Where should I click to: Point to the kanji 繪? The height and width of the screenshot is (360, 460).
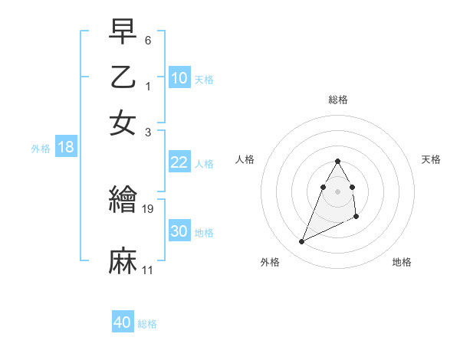click(x=123, y=200)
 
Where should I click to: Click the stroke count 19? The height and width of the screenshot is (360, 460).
click(x=149, y=208)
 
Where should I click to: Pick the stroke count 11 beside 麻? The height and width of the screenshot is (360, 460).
click(x=148, y=270)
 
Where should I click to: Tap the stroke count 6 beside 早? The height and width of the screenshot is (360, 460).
click(x=148, y=39)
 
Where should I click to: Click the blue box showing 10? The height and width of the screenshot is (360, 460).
click(x=179, y=77)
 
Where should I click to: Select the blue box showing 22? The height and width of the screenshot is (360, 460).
click(x=179, y=162)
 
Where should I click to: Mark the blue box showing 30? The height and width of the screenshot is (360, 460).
click(x=179, y=231)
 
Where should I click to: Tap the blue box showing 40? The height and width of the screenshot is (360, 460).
click(x=122, y=322)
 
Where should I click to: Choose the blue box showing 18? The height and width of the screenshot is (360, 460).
click(x=65, y=147)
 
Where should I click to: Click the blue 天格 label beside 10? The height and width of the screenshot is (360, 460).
click(x=203, y=79)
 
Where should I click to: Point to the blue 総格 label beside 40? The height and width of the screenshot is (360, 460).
click(x=147, y=324)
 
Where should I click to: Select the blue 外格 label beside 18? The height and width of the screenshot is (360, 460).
click(x=41, y=149)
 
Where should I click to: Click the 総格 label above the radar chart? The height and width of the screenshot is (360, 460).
click(x=337, y=100)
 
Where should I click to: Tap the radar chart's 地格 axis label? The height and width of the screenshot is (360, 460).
click(x=402, y=262)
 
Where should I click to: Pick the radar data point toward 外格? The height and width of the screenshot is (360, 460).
click(x=301, y=242)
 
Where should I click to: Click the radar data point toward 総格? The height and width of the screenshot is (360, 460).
click(x=337, y=161)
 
